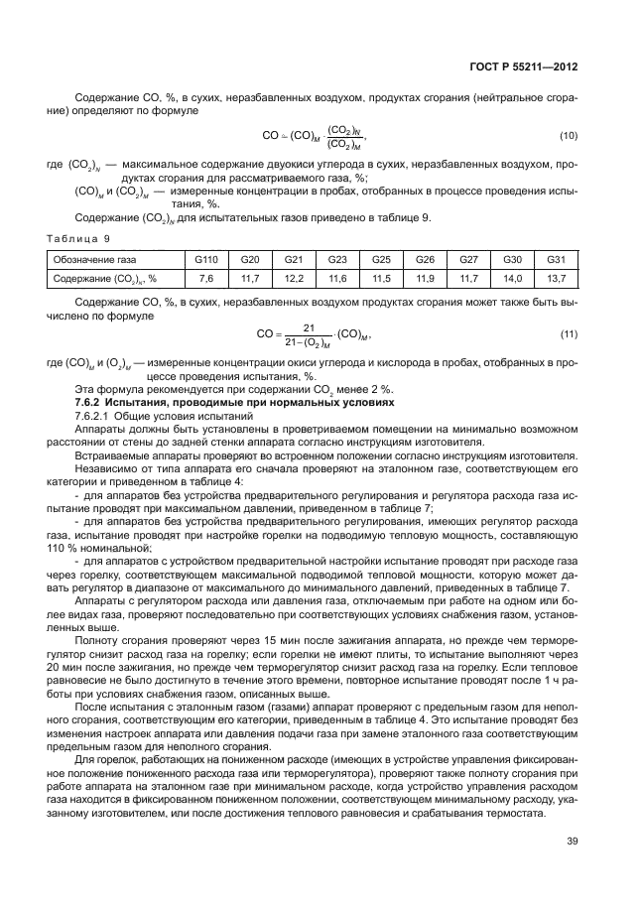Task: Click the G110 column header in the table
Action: pyautogui.click(x=206, y=259)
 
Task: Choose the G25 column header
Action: pyautogui.click(x=381, y=259)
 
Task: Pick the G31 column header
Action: pyautogui.click(x=556, y=259)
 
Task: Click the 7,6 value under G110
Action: pyautogui.click(x=206, y=278)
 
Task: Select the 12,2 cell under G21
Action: pyautogui.click(x=294, y=278)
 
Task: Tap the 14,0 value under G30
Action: pyautogui.click(x=512, y=278)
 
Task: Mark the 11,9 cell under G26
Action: pyautogui.click(x=425, y=278)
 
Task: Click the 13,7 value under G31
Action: pyautogui.click(x=556, y=278)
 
